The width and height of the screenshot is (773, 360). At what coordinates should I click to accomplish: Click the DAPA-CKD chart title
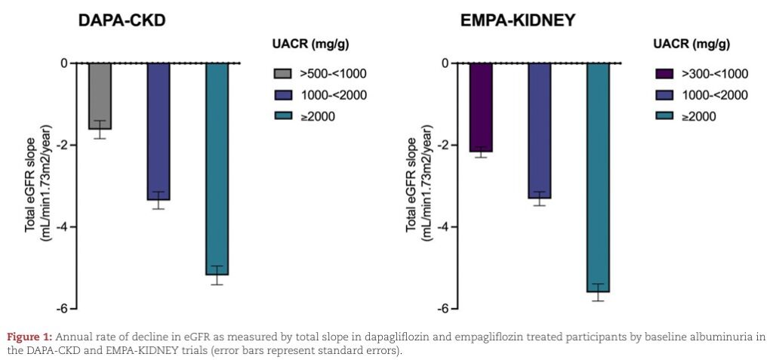click(x=122, y=21)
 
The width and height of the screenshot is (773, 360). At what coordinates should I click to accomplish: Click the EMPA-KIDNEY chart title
click(x=518, y=21)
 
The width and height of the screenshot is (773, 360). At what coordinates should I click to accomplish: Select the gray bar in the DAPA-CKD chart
click(x=100, y=95)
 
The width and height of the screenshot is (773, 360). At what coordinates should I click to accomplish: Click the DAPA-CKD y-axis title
click(x=38, y=185)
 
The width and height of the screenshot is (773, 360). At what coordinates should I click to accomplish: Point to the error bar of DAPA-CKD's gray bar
click(x=100, y=129)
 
